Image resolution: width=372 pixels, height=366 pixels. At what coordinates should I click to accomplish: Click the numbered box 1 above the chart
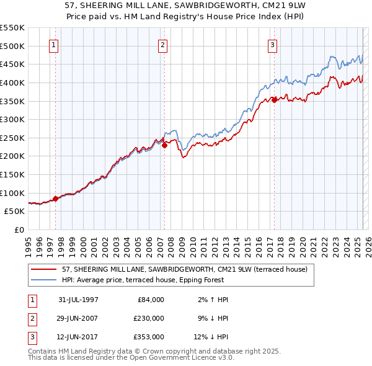[x=54, y=45]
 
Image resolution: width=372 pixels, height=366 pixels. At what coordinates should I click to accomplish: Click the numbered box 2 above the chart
[x=162, y=45]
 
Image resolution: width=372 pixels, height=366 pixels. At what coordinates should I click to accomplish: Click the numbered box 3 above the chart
[x=272, y=45]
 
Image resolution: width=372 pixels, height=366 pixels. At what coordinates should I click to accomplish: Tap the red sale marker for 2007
[x=165, y=145]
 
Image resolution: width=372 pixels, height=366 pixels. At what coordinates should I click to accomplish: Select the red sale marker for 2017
[x=274, y=100]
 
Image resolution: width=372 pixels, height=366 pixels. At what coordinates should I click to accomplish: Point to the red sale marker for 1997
[x=55, y=199]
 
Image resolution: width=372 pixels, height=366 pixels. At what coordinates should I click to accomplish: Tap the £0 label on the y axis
[x=19, y=230]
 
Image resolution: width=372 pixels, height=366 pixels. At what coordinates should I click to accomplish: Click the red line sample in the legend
[x=44, y=270]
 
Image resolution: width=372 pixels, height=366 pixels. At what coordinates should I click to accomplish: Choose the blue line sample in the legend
[x=44, y=280]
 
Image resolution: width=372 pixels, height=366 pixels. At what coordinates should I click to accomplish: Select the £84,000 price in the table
[x=151, y=299]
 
